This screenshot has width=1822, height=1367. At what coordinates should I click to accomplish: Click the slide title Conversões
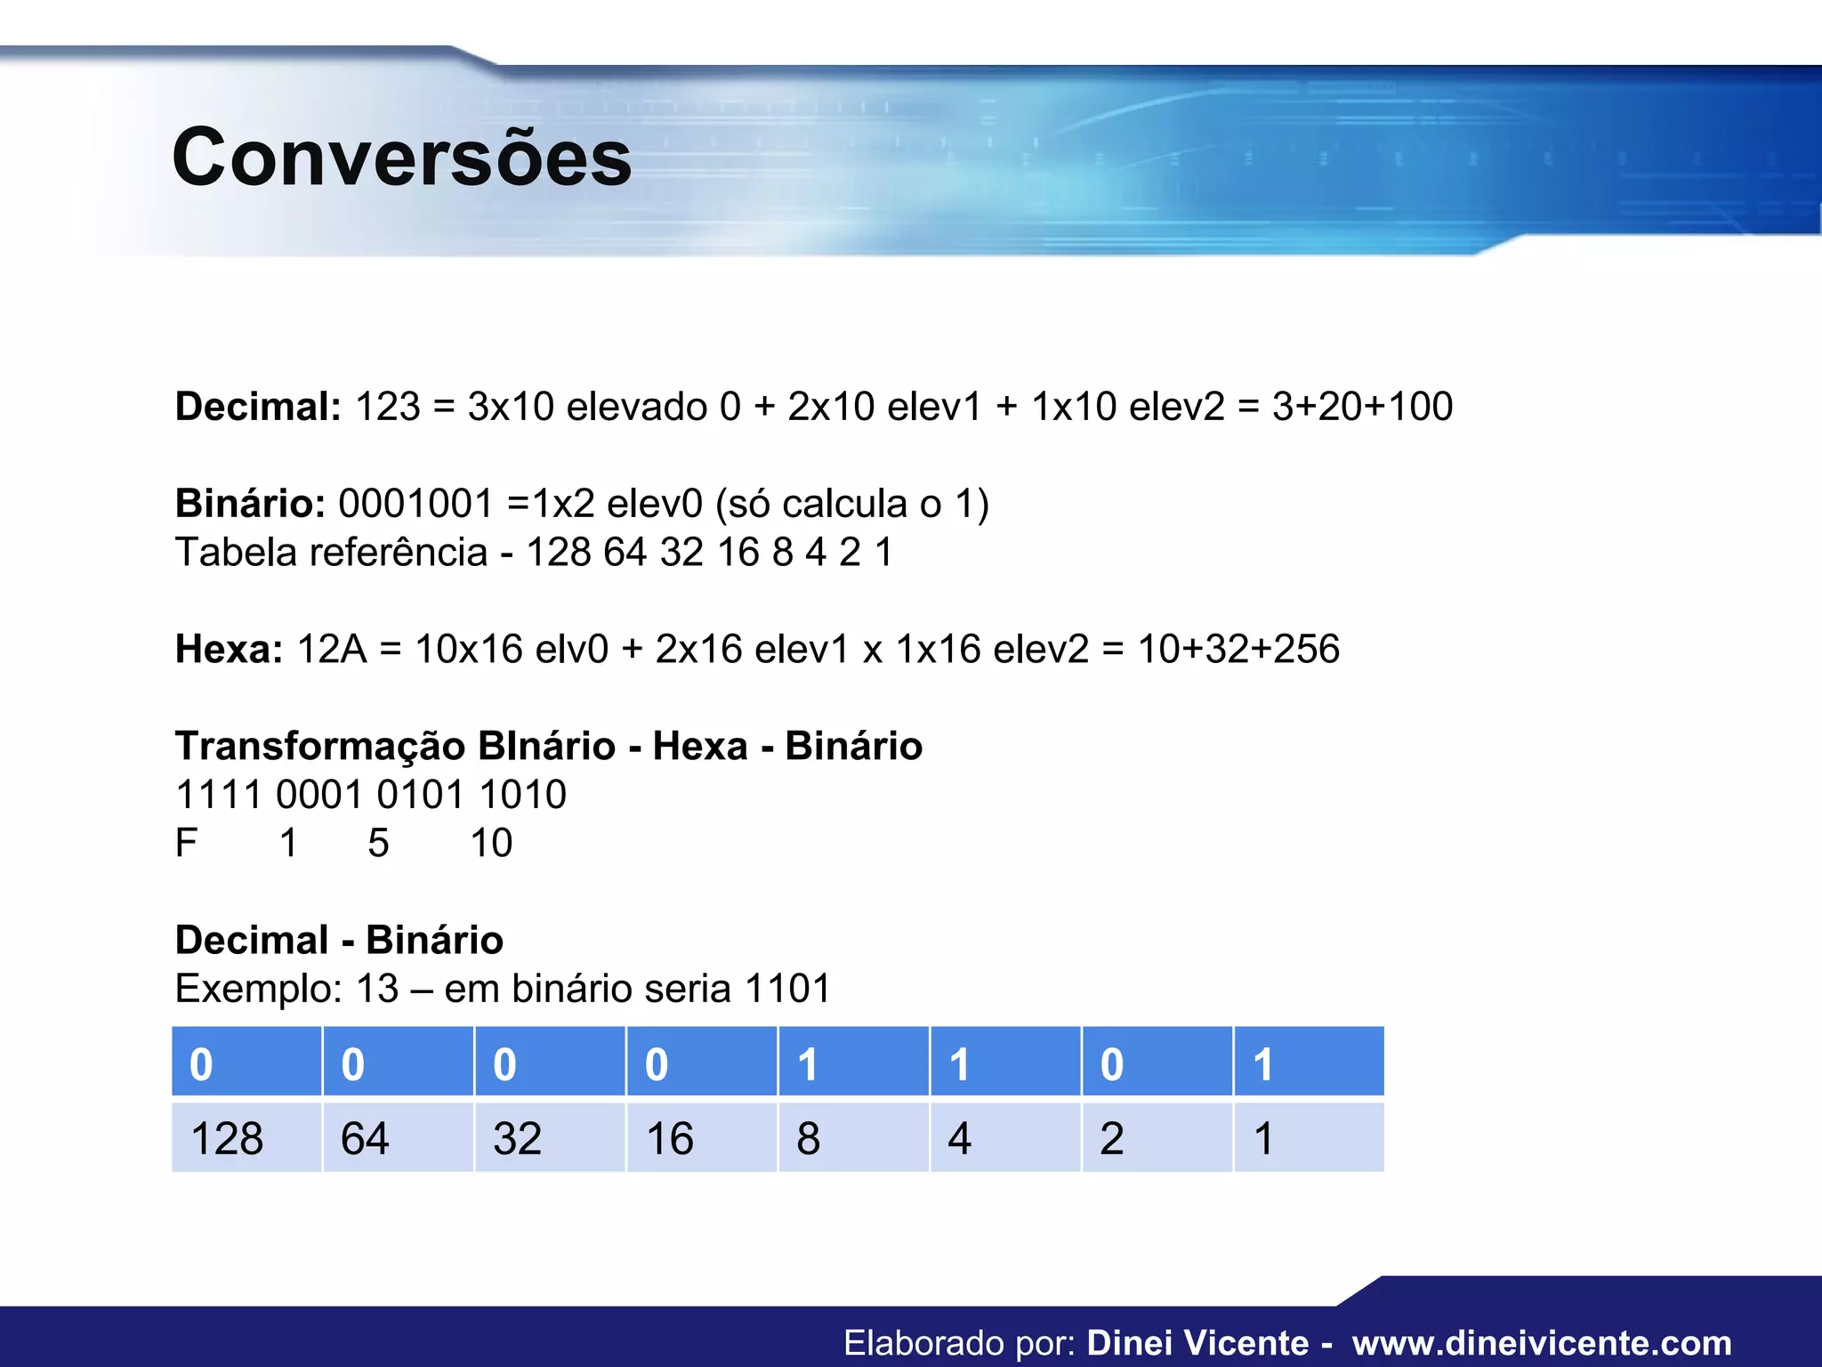[x=401, y=158]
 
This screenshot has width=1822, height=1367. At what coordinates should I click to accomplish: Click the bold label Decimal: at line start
[x=258, y=407]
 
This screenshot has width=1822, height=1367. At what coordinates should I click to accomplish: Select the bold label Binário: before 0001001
[x=250, y=504]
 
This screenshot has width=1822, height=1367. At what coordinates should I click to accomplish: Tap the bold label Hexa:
[x=229, y=649]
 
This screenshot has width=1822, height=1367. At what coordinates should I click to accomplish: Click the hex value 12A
[x=332, y=649]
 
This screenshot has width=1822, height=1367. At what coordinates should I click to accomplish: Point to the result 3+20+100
[x=1362, y=407]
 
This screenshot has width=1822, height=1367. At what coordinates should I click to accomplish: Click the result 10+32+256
[x=1238, y=649]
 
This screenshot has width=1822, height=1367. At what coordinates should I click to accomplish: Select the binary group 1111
[x=219, y=795]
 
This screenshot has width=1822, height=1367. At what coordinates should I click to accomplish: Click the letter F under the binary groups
[x=186, y=843]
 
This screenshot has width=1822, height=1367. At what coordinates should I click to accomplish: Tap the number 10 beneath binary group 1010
[x=491, y=843]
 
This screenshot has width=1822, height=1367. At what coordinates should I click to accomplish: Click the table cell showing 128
[x=246, y=1138]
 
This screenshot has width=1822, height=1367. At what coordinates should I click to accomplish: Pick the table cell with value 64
[x=398, y=1138]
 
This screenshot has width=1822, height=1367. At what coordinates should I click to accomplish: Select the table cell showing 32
[x=550, y=1138]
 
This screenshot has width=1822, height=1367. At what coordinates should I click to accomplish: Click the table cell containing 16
[x=701, y=1138]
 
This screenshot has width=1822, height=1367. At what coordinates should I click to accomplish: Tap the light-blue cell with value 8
[x=853, y=1138]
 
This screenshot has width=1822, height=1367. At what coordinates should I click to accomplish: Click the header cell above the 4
[x=1005, y=1063]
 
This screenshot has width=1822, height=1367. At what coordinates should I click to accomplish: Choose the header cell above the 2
[x=1157, y=1063]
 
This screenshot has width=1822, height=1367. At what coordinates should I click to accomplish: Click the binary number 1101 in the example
[x=787, y=989]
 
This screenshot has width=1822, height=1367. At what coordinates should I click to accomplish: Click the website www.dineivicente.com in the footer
[x=1542, y=1343]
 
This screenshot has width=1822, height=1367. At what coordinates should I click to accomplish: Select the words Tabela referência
[x=331, y=553]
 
